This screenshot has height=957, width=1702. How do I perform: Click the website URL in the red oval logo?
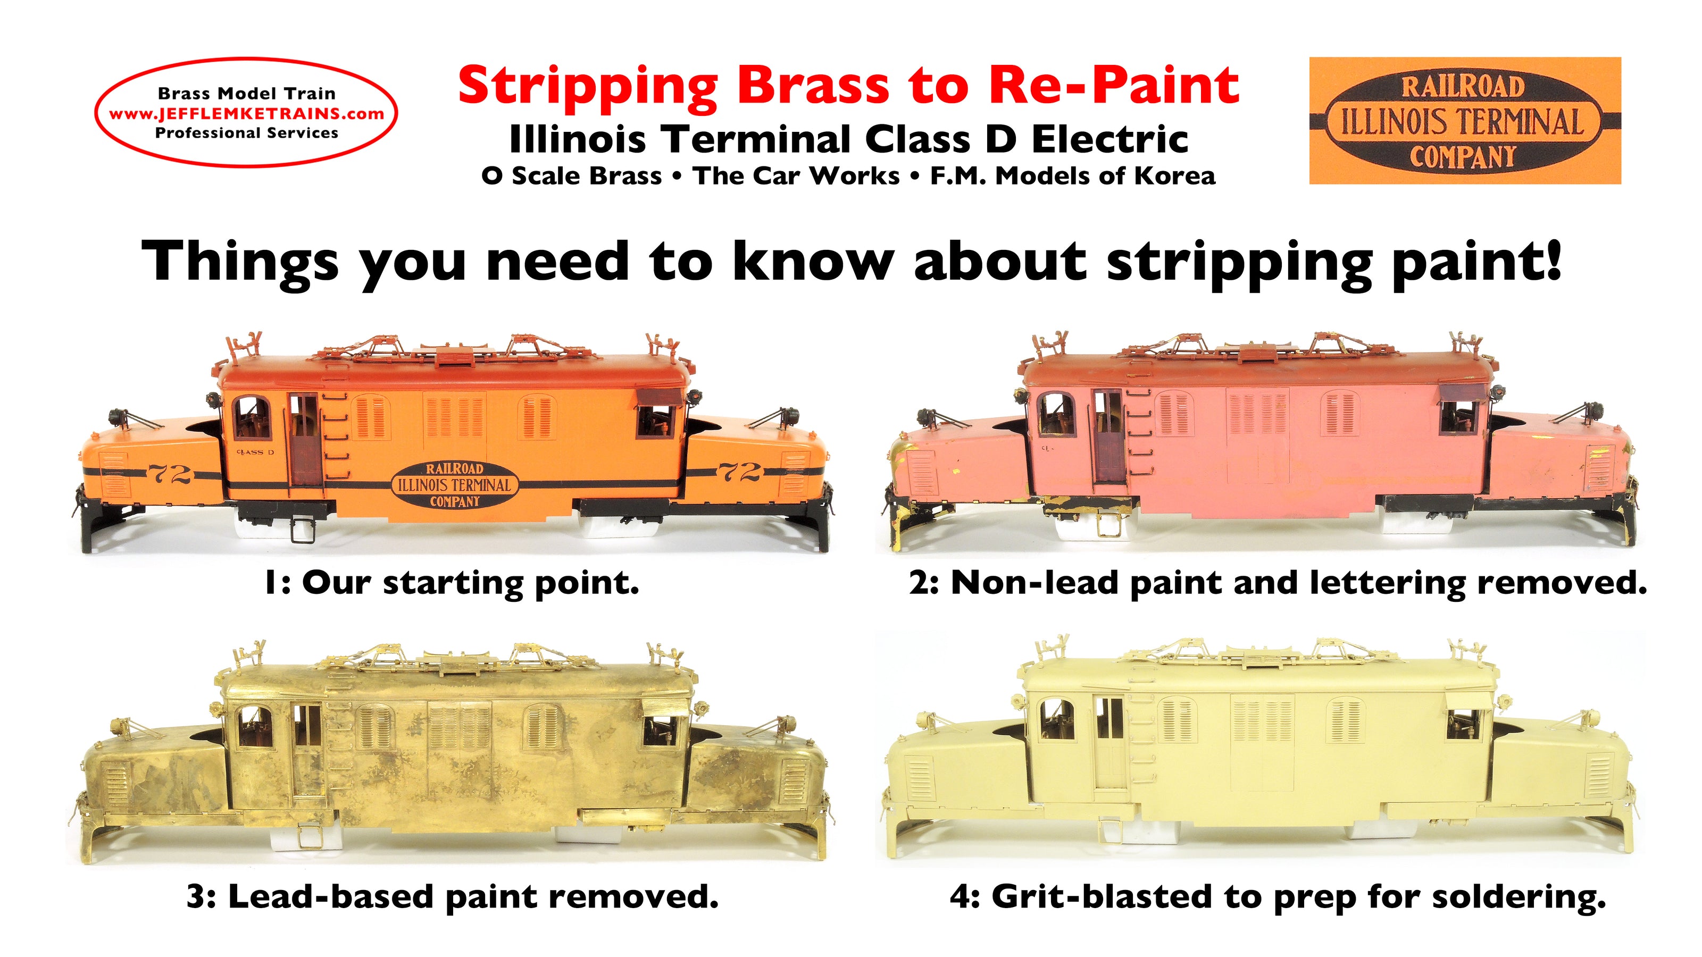tap(246, 113)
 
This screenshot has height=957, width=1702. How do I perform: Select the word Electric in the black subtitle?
tap(1110, 139)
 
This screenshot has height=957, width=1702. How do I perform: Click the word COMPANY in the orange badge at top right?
tap(1463, 157)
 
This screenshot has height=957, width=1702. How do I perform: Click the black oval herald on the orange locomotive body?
tap(454, 485)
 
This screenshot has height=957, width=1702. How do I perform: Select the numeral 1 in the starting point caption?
tap(270, 583)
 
